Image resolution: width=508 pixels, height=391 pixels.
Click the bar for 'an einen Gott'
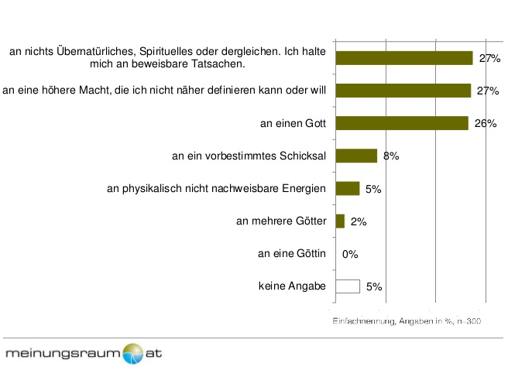(402, 123)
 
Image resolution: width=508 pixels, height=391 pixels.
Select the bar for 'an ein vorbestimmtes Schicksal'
(356, 156)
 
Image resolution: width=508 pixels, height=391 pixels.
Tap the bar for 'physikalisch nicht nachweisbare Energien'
(348, 189)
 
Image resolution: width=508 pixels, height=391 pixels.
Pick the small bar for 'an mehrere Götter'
(340, 221)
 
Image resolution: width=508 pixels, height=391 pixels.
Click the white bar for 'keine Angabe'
(348, 286)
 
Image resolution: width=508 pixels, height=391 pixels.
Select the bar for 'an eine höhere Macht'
(403, 91)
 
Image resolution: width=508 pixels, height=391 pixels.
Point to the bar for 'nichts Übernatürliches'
(404, 58)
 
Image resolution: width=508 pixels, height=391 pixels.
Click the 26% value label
(486, 123)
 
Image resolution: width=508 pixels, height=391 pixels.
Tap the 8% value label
(391, 156)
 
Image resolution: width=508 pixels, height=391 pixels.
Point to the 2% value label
(359, 221)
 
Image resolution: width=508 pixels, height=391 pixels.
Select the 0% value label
(350, 254)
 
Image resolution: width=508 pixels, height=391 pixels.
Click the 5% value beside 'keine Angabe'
(374, 286)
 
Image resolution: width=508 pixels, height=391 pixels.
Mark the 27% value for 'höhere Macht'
(488, 91)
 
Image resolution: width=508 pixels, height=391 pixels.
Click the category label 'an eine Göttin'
(292, 253)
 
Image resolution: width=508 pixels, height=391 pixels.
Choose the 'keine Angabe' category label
(292, 286)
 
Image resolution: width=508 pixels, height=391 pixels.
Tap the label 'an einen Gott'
(293, 123)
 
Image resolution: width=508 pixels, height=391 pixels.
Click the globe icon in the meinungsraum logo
(133, 354)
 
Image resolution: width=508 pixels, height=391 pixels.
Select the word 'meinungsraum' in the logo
(63, 353)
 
